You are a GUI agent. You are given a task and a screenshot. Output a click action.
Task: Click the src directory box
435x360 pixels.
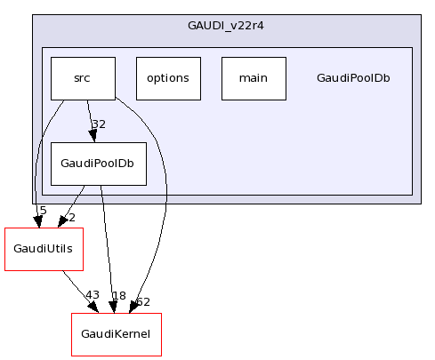[83, 78]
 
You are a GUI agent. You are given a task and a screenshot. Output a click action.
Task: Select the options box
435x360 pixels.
[168, 78]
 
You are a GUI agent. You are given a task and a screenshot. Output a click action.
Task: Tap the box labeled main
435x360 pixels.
[254, 78]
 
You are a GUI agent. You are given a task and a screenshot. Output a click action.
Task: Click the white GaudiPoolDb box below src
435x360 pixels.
[98, 164]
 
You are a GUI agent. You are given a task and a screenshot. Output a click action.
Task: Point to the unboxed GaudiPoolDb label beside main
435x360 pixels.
[353, 78]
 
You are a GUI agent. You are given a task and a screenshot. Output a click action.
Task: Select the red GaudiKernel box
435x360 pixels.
[117, 334]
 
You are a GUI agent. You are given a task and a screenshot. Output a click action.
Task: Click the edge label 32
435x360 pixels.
[99, 124]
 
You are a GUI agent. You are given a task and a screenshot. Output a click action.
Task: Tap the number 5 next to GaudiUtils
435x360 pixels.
[43, 211]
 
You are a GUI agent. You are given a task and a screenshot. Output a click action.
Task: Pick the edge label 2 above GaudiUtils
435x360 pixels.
[71, 218]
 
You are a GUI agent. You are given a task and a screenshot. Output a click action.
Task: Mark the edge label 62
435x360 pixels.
[143, 303]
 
